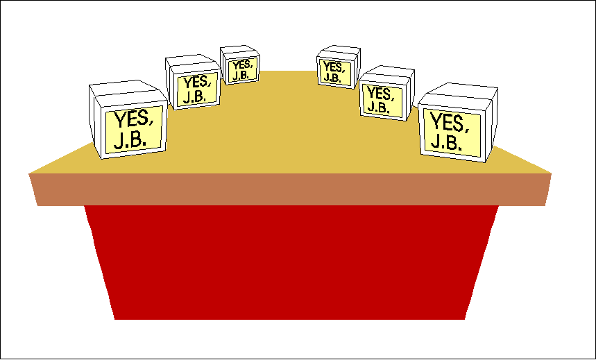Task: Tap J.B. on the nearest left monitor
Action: click(x=130, y=139)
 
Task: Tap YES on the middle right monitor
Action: click(x=380, y=92)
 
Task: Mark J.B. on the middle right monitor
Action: click(x=377, y=107)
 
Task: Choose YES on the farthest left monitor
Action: click(x=240, y=66)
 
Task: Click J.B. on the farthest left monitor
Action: click(x=240, y=76)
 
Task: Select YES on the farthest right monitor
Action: click(x=334, y=67)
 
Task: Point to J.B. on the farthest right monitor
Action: click(x=332, y=78)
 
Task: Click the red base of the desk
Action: click(x=291, y=264)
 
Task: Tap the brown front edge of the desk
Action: click(x=291, y=189)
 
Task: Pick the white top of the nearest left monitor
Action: click(x=125, y=88)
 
